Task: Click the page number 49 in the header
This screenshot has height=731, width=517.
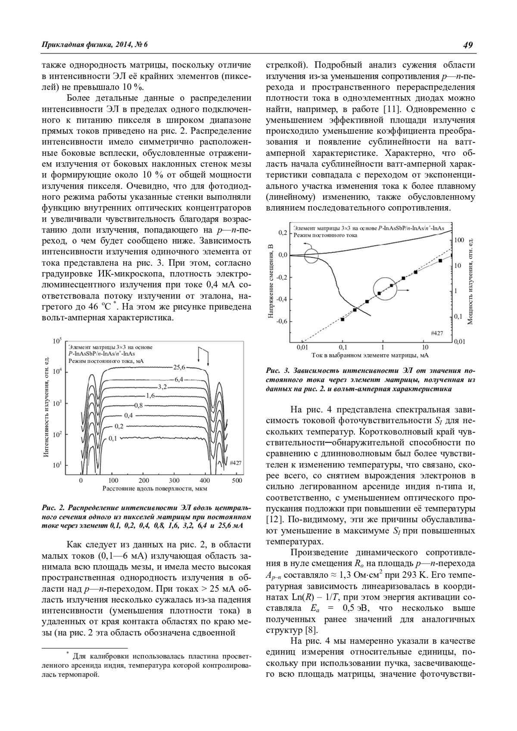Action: (468, 45)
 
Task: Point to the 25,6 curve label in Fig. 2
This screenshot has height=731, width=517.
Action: (179, 367)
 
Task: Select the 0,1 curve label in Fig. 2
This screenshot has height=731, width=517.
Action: (113, 438)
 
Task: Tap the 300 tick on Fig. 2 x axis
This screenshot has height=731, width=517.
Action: (174, 480)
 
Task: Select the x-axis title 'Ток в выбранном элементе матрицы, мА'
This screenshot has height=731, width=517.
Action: (370, 356)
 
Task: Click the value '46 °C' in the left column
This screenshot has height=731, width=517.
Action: (100, 307)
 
